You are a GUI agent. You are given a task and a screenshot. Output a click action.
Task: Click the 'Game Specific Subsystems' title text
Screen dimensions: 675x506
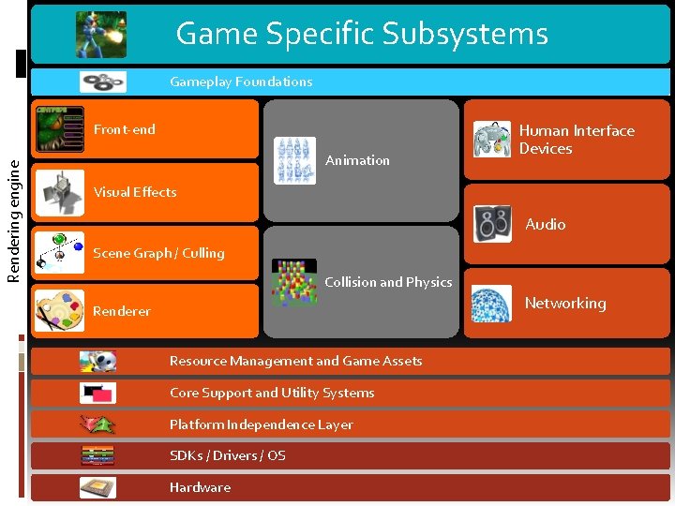coord(362,34)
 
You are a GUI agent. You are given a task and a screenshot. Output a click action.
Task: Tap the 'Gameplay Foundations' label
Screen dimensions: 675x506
coord(241,82)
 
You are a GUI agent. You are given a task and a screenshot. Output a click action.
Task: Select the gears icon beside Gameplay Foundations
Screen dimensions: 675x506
coord(103,82)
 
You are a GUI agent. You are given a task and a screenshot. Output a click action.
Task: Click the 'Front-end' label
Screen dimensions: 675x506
coord(125,129)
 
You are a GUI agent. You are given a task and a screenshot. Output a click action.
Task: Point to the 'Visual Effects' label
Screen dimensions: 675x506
coord(135,192)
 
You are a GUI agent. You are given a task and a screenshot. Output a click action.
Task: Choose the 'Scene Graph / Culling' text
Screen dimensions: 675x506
coord(158,253)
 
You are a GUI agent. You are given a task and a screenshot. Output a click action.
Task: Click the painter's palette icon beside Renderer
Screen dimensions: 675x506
coord(59,310)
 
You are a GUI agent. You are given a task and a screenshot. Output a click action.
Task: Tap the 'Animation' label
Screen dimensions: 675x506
coord(357,160)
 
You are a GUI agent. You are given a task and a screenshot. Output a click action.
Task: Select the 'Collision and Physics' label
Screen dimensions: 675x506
coord(388,282)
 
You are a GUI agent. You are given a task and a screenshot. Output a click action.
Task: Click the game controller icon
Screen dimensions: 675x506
coord(492,139)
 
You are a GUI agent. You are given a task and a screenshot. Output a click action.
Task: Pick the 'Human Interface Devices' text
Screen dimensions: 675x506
coord(577,140)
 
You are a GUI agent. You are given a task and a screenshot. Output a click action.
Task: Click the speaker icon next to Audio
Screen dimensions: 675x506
coord(492,224)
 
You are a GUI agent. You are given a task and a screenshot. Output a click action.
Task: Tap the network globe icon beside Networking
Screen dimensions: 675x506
coord(491,304)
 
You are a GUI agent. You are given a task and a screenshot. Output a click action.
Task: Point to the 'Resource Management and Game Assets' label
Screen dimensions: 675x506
coord(295,361)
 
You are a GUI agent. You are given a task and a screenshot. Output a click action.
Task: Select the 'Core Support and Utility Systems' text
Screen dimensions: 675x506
coord(272,393)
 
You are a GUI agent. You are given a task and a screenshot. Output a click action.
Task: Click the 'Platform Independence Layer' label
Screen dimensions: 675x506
coord(262,424)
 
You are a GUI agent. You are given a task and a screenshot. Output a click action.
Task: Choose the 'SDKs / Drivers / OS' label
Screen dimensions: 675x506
coord(228,455)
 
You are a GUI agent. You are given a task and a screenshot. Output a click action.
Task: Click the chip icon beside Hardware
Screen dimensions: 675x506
coord(97,487)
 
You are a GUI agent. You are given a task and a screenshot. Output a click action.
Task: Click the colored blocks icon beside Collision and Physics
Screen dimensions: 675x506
coord(294,282)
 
